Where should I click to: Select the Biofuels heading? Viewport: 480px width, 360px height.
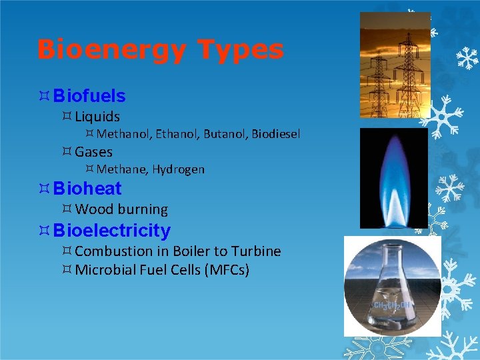(89, 96)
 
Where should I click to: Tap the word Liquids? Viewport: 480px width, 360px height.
(97, 117)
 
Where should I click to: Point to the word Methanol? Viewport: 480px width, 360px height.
(124, 134)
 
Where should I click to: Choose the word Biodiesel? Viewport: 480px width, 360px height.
(275, 134)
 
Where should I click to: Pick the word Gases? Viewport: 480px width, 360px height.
(94, 152)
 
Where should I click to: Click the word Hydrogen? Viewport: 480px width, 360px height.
(178, 169)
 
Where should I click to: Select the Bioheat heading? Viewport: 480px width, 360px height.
(87, 189)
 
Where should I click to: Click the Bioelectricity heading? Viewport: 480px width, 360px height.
(112, 231)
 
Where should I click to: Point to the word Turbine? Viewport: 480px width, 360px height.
(256, 251)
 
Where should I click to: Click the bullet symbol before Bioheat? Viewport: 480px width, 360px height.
(45, 189)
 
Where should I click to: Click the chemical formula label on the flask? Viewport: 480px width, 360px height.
(393, 305)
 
